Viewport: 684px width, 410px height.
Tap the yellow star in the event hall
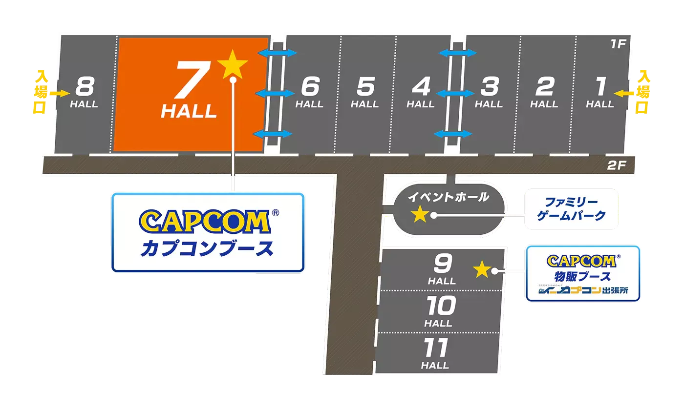tap(419, 214)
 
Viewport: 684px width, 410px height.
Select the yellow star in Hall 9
tap(481, 268)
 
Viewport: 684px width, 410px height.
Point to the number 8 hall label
tap(84, 89)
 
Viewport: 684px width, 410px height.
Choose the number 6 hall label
tap(310, 88)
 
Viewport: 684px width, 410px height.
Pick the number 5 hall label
tap(365, 88)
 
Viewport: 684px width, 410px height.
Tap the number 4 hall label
tap(421, 88)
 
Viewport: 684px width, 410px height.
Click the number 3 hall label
tap(489, 88)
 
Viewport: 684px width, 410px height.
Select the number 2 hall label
tap(544, 88)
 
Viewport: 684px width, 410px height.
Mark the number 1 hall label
tap(600, 88)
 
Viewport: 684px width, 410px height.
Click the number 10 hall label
tap(438, 307)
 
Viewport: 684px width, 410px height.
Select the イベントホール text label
tap(448, 197)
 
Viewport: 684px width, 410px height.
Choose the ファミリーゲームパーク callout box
tap(572, 209)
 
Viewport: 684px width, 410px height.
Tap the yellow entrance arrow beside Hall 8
tap(62, 92)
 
